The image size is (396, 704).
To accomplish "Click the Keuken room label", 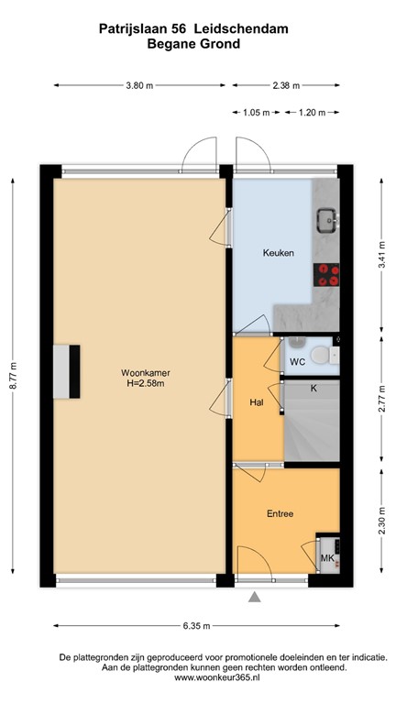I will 278,253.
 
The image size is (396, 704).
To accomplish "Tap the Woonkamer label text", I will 138,373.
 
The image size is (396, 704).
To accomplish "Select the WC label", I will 297,362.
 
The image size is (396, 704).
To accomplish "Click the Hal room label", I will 257,401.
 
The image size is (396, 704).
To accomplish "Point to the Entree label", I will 280,513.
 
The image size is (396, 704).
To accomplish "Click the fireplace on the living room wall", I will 67,373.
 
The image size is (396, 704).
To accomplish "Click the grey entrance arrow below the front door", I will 255,598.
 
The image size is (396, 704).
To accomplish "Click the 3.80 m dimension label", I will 138,85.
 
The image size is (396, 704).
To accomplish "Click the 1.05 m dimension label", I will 256,113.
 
